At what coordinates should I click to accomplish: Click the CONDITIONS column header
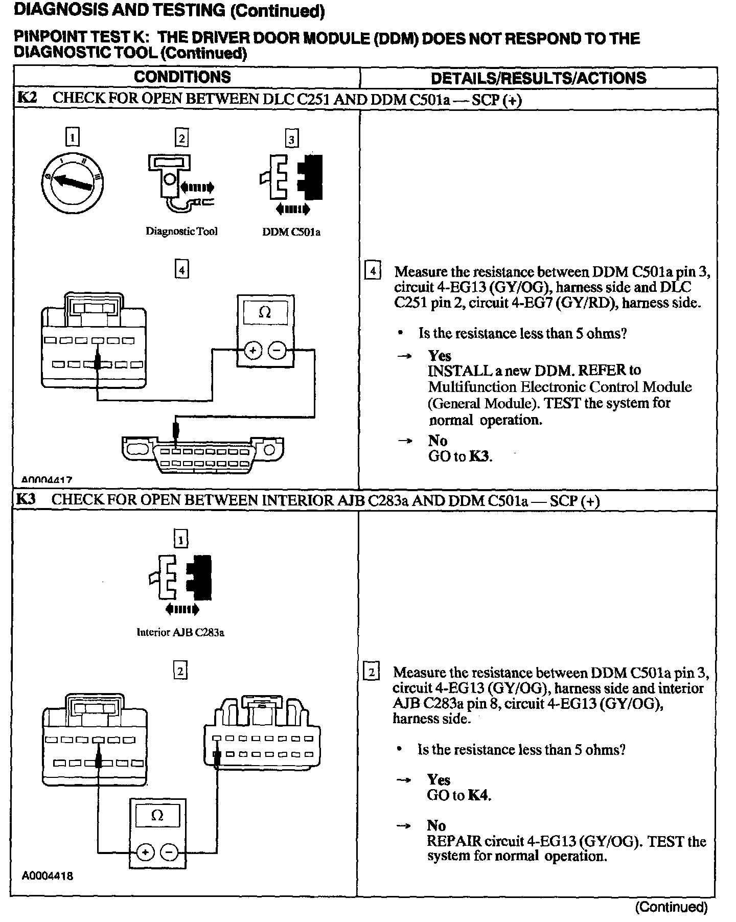(182, 77)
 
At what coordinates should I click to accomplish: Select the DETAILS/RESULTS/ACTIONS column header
(538, 78)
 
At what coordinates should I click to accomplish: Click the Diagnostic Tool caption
(181, 231)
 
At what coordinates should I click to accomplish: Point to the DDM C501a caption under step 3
(291, 232)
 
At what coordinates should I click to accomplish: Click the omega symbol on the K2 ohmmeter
(265, 312)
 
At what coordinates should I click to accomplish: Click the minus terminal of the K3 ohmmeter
(169, 852)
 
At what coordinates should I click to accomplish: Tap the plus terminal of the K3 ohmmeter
(146, 852)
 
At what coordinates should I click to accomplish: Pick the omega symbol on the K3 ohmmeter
(157, 816)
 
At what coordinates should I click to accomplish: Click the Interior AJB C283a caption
(180, 632)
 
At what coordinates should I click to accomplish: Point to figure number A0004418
(47, 876)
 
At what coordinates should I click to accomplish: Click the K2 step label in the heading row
(27, 98)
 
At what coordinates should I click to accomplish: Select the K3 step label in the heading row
(26, 499)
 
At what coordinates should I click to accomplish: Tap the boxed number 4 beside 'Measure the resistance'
(373, 270)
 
